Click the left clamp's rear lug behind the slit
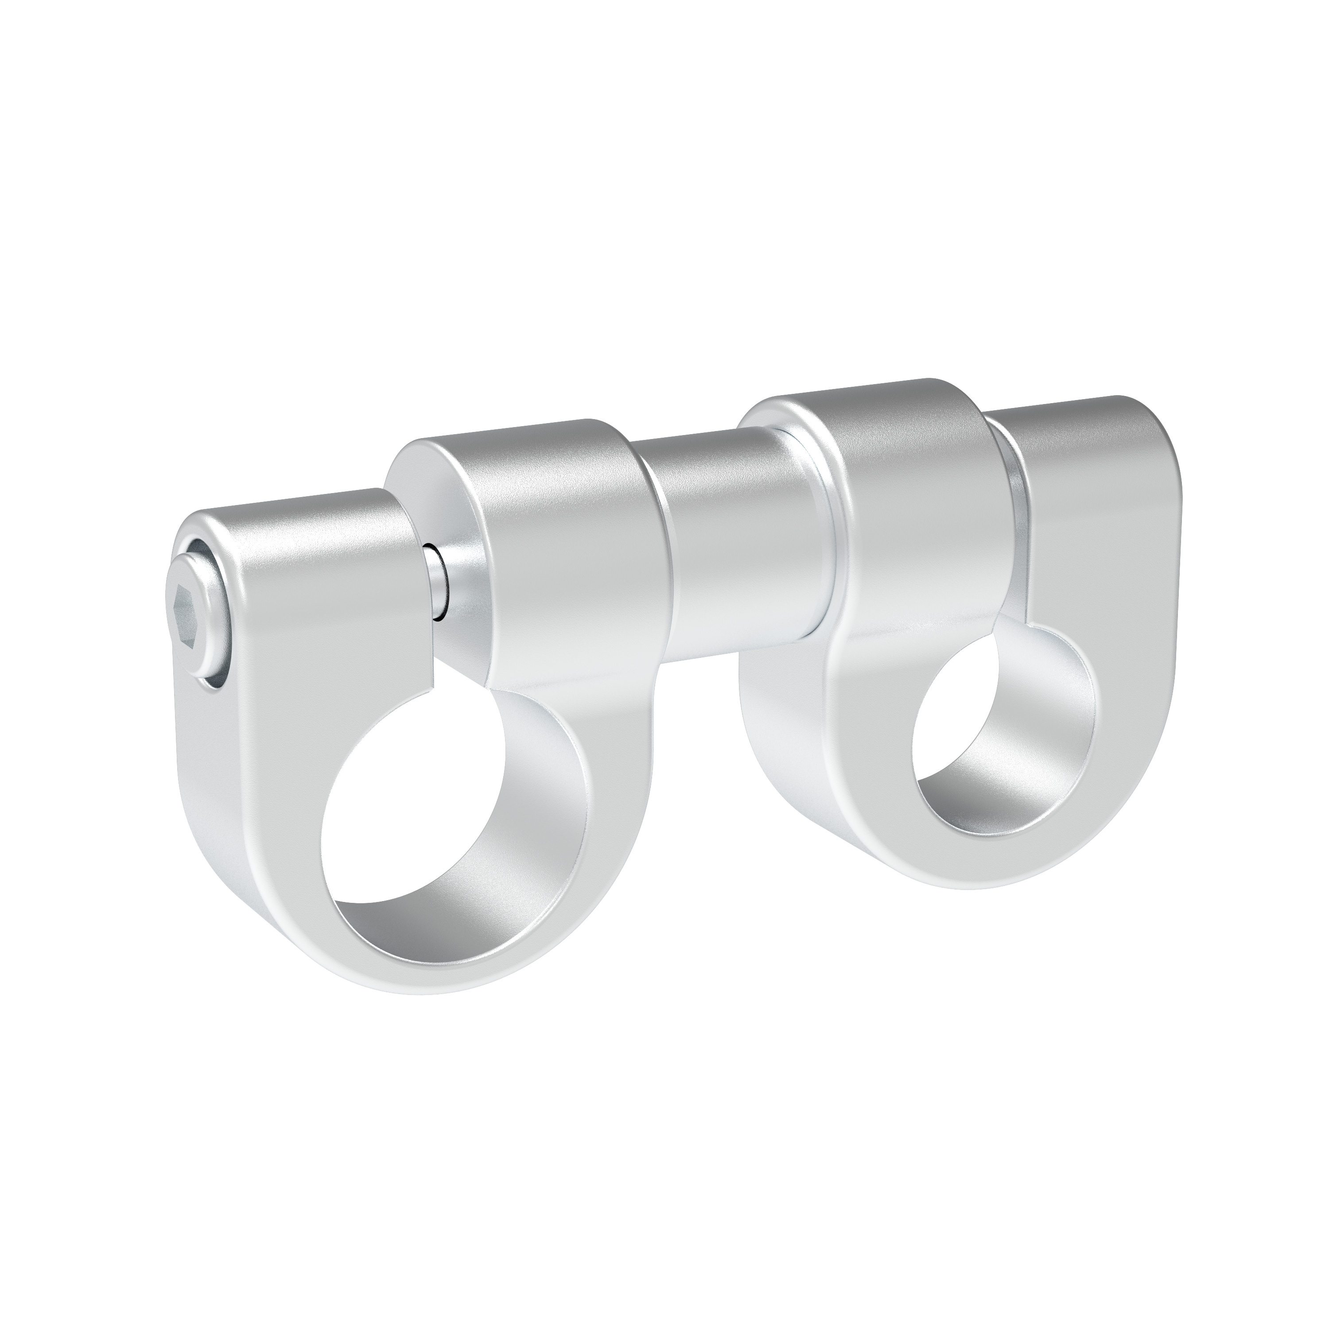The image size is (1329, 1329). pyautogui.click(x=550, y=523)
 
